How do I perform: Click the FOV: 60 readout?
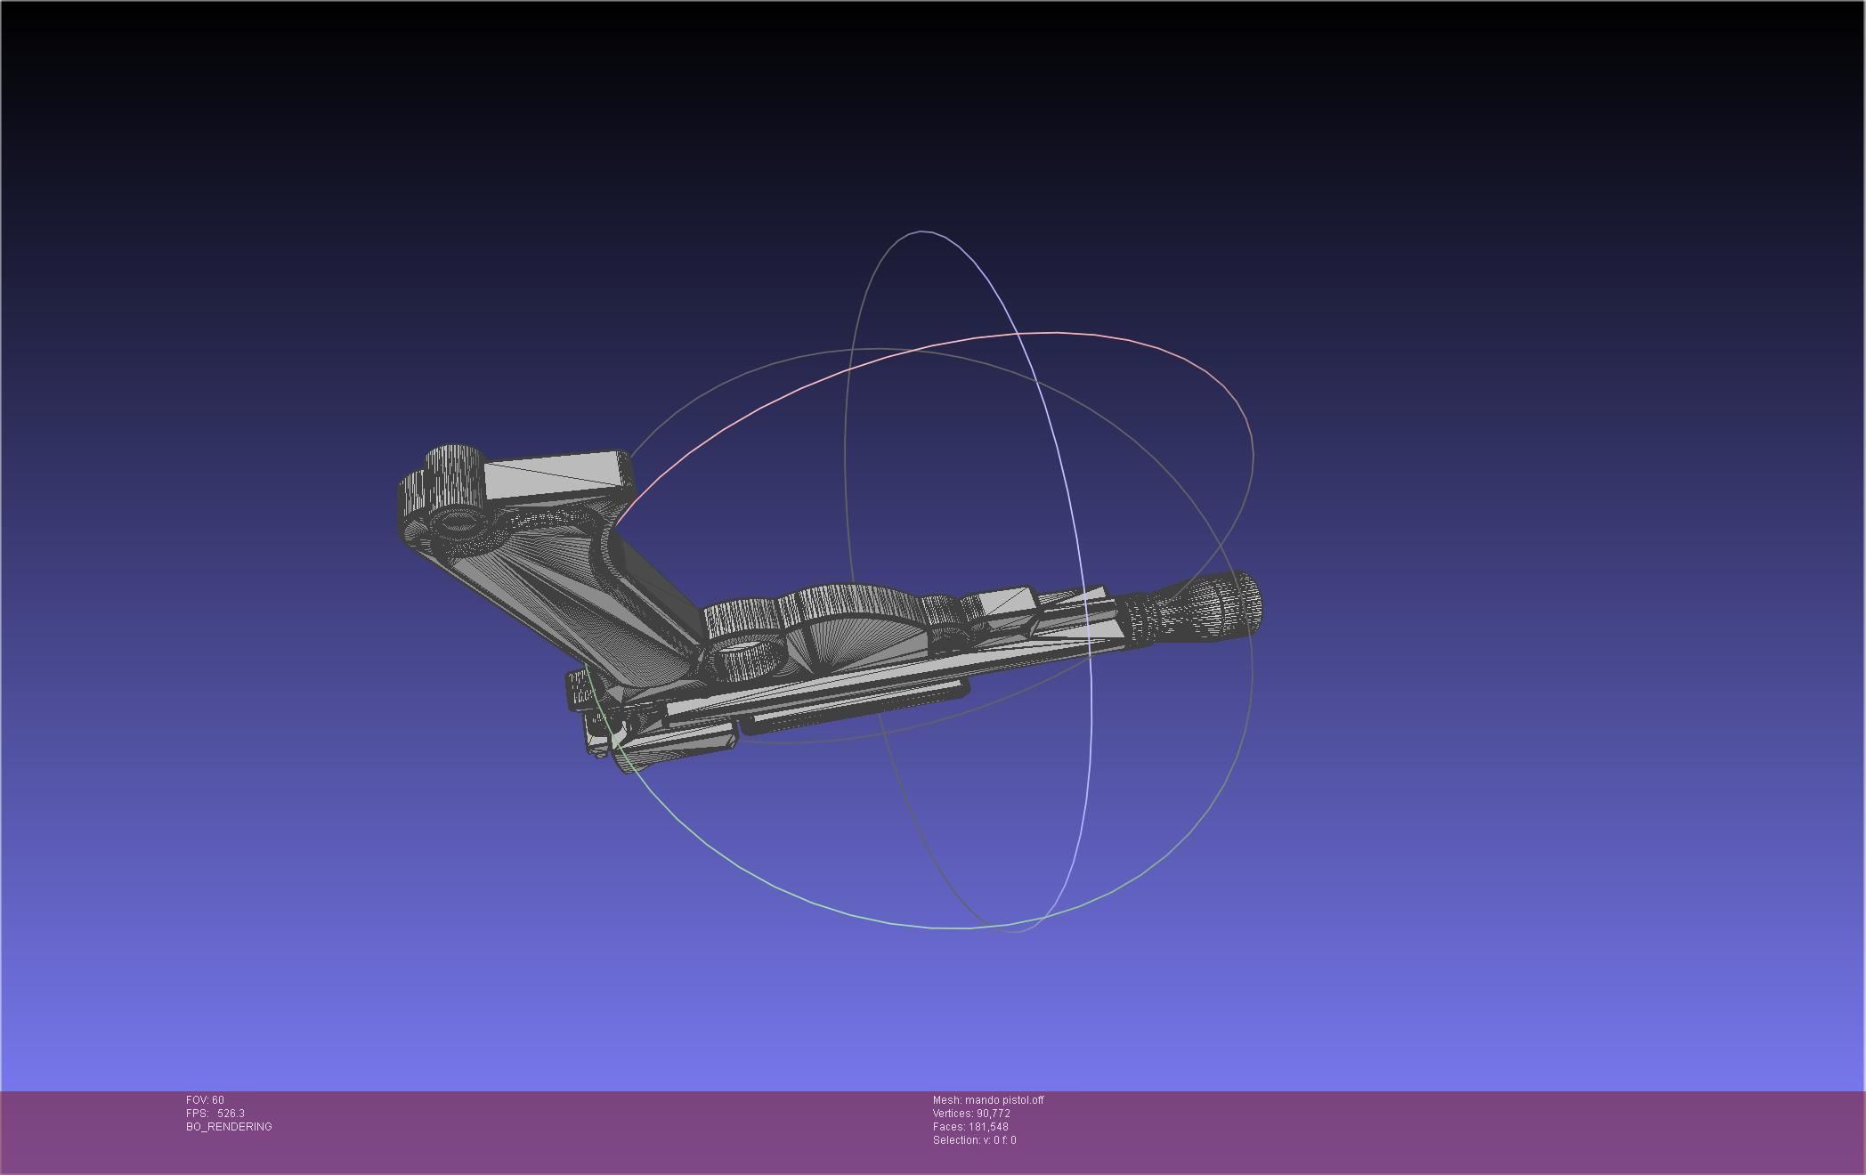205,1100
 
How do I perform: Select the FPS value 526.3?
231,1114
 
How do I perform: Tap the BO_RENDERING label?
229,1127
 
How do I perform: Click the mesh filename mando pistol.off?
1003,1100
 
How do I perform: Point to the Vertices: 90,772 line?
971,1114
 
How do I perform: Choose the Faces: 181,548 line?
970,1127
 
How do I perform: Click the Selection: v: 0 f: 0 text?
974,1140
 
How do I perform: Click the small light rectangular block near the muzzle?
1004,601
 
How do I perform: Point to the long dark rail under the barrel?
855,712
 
